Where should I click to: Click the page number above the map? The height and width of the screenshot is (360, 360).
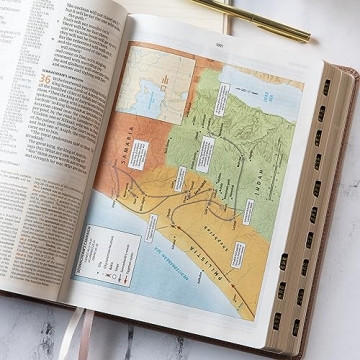(219, 41)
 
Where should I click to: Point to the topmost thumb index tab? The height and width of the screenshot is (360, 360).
(323, 89)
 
